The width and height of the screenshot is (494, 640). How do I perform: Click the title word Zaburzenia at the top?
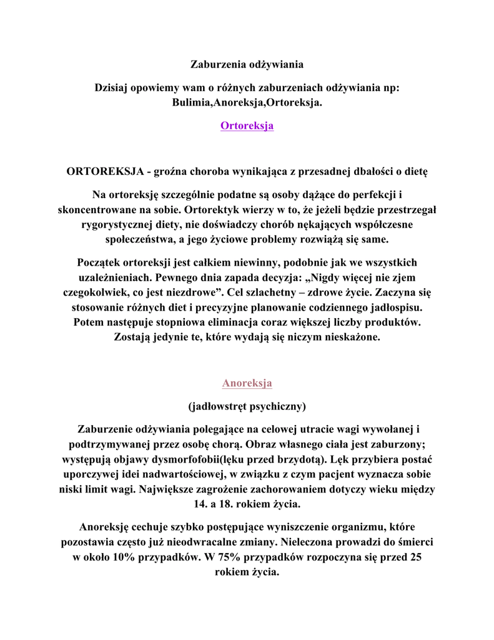tap(216, 64)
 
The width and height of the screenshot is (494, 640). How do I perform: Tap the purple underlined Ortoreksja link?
tap(247, 126)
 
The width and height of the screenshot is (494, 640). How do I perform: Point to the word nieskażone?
tap(348, 337)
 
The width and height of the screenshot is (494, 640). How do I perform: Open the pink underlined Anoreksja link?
tap(247, 382)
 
